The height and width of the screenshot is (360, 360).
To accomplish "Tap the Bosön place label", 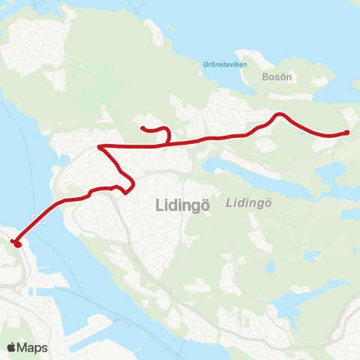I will (277, 76).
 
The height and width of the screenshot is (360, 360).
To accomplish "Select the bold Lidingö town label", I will (181, 203).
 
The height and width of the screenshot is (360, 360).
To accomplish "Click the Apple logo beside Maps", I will (11, 347).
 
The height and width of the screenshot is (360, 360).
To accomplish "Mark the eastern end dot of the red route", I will (346, 133).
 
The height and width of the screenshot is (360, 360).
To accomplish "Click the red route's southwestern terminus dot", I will (16, 243).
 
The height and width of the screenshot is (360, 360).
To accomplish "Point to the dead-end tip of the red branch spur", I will (142, 127).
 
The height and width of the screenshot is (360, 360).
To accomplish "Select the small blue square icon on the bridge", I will (39, 218).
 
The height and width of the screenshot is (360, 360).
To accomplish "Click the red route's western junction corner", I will (100, 147).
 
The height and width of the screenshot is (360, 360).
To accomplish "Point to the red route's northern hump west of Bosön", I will (279, 115).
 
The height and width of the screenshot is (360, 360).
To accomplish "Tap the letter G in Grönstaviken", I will (205, 64).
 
